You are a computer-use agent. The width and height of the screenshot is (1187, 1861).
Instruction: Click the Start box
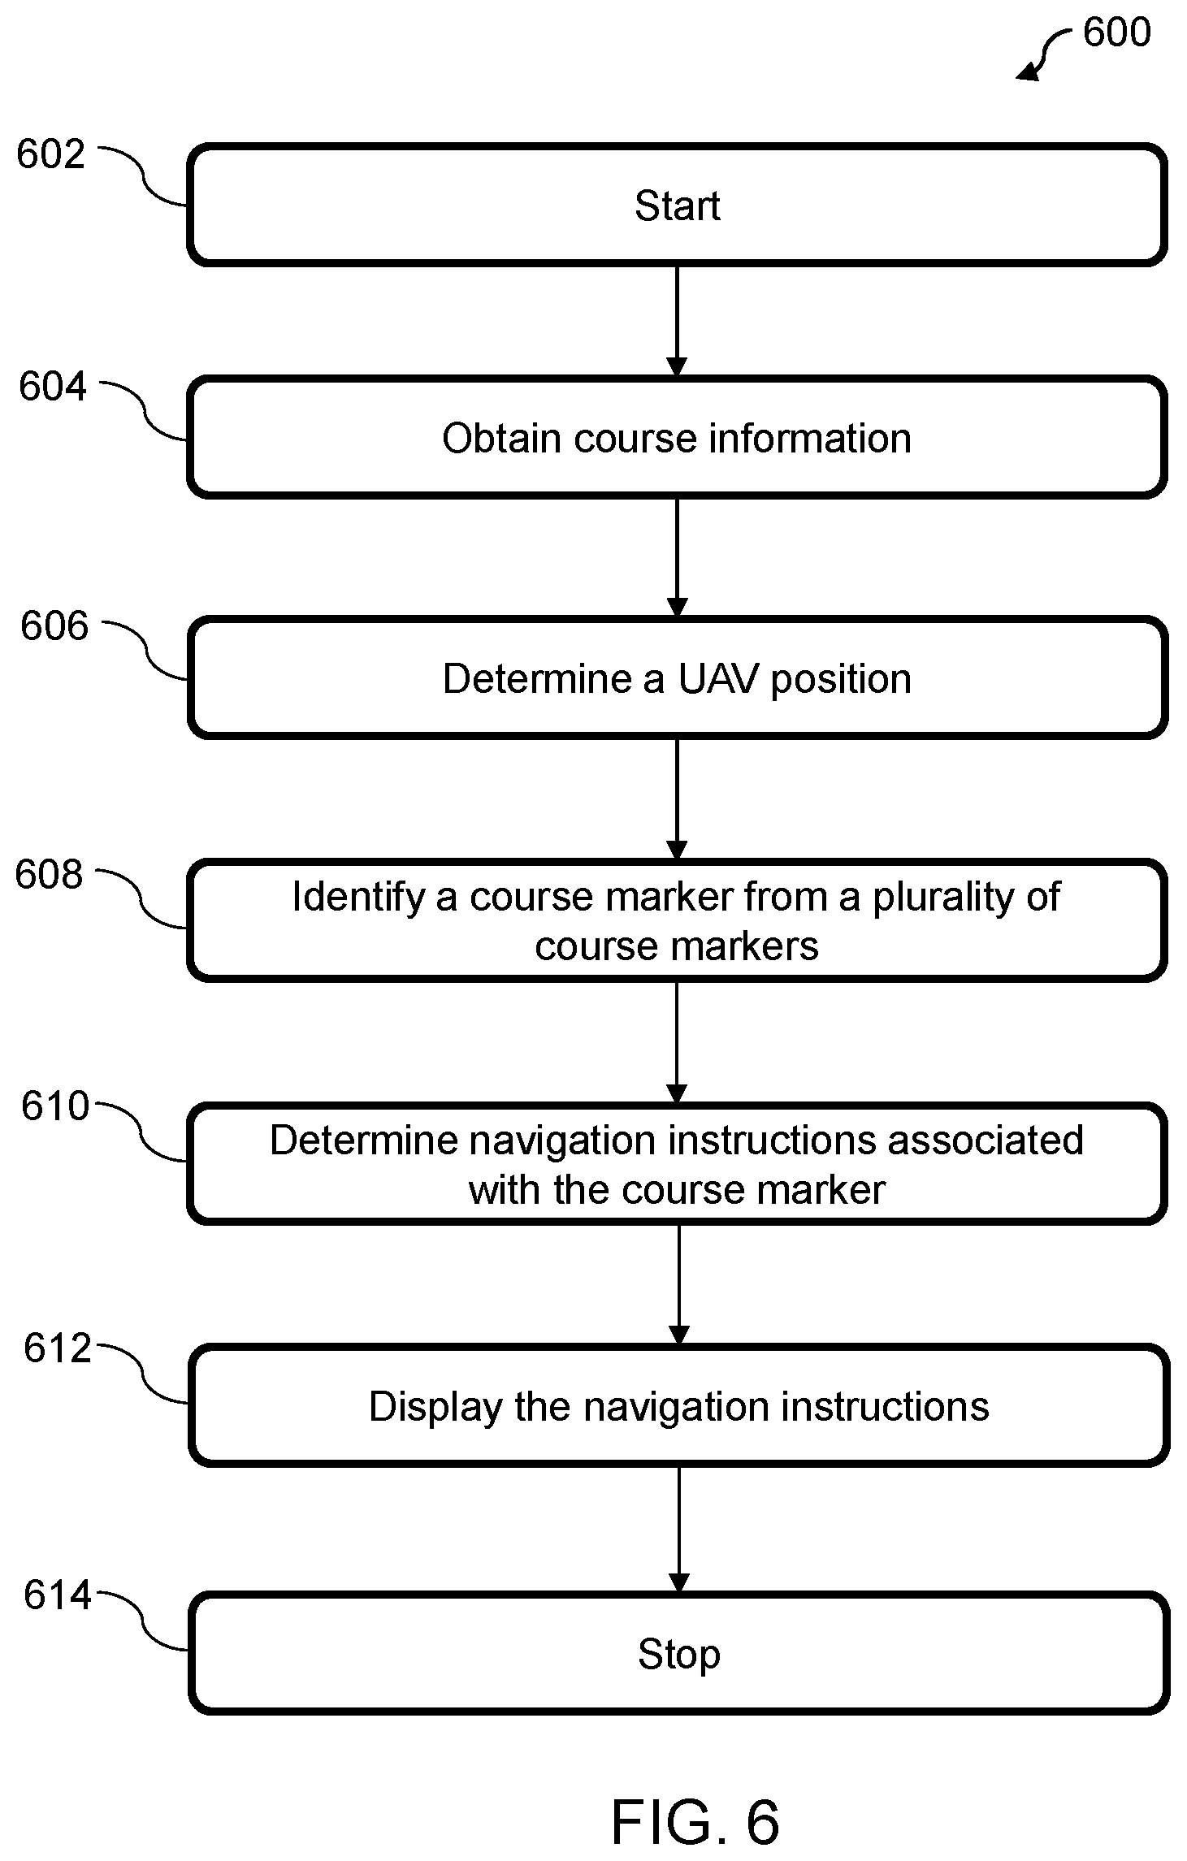coord(677,205)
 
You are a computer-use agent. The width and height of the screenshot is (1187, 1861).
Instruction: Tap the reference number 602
coord(50,154)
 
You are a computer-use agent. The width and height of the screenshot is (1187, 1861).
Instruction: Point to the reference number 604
coord(53,387)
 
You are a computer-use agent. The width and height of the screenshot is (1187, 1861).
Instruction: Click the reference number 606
coord(54,626)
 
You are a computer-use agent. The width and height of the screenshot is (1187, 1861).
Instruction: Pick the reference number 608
coord(49,875)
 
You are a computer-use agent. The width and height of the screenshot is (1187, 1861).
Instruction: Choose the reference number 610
coord(55,1106)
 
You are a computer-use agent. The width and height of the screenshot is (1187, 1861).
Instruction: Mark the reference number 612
coord(58,1348)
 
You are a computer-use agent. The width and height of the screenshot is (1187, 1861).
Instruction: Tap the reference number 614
coord(58,1595)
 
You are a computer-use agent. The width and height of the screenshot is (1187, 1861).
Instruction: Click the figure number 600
coord(1117,32)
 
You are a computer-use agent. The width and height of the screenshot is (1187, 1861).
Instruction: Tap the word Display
coord(435,1408)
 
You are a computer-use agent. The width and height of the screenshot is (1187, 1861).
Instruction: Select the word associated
coord(985,1140)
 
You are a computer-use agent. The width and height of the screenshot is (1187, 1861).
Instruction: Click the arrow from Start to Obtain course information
coord(677,322)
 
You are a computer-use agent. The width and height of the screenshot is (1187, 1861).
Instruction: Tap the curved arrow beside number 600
coord(1046,53)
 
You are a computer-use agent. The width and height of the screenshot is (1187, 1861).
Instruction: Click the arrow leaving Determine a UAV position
coord(677,799)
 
